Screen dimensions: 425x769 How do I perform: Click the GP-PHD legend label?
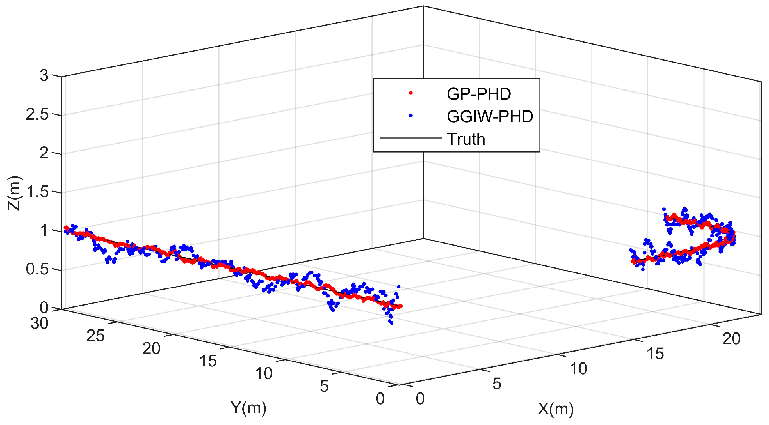479,94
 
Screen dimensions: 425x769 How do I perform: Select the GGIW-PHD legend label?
490,117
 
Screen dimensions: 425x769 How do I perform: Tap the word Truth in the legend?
466,139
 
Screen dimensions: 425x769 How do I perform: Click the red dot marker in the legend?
411,93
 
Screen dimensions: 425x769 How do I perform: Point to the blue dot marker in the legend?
411,115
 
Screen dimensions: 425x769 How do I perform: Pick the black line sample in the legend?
410,138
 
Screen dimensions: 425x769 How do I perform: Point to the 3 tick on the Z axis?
44,76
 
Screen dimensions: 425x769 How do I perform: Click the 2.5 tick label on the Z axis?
37,114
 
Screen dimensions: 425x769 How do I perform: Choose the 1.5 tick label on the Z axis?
37,192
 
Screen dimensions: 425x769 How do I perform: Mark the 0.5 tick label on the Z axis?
37,269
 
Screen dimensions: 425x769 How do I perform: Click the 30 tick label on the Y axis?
39,323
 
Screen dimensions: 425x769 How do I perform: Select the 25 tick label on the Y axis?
95,336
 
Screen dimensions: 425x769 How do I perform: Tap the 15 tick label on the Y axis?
208,361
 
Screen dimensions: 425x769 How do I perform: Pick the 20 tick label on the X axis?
731,339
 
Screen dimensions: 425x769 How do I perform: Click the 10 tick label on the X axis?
579,369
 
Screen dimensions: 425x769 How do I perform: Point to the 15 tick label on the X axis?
655,354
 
